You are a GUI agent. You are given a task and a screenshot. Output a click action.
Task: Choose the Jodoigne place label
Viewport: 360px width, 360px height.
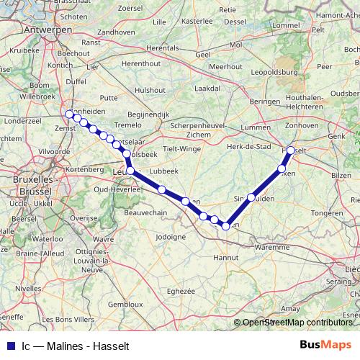(171, 236)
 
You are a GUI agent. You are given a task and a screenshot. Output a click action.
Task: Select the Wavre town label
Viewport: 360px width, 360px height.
(104, 238)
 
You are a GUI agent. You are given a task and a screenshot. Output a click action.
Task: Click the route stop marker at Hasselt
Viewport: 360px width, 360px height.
(291, 150)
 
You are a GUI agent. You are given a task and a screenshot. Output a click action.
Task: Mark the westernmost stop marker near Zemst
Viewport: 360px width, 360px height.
(69, 114)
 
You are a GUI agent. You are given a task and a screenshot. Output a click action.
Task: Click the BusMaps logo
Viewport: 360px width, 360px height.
(326, 344)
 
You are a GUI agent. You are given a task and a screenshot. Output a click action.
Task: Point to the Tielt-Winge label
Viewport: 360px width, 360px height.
(182, 148)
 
